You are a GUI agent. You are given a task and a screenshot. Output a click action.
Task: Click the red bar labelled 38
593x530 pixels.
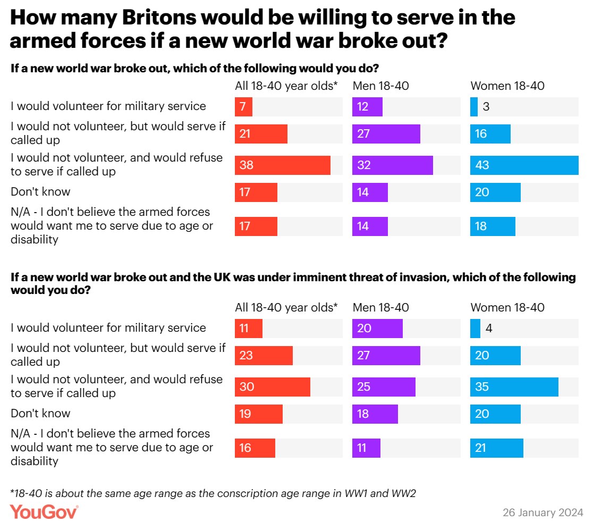(x=283, y=165)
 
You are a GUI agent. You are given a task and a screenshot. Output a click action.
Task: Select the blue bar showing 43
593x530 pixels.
(x=524, y=165)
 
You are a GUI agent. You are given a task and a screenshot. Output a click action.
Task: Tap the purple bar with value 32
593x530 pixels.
(x=392, y=165)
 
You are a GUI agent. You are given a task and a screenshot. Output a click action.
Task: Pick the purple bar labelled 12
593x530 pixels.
(x=367, y=107)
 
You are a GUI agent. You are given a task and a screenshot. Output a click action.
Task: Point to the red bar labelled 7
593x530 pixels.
(x=243, y=107)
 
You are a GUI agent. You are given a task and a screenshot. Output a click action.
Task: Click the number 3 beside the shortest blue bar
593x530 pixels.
(x=486, y=107)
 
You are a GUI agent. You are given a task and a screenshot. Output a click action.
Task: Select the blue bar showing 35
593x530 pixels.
(x=514, y=387)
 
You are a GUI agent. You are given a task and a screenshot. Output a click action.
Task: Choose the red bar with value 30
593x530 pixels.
(x=273, y=387)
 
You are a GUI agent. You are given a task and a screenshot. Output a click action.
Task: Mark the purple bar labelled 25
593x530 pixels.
(x=384, y=387)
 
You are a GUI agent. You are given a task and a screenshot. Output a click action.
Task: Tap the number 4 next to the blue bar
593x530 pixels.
(x=488, y=329)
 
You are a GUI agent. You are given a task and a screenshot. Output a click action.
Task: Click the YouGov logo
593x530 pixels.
(x=44, y=512)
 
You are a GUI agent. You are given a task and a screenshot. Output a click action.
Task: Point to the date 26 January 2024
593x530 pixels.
(x=543, y=513)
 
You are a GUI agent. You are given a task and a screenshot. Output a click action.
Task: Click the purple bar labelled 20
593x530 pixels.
(x=377, y=329)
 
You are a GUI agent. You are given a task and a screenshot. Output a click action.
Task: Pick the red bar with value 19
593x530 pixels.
(x=259, y=414)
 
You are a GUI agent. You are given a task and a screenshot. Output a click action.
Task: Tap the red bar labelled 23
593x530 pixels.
(x=264, y=355)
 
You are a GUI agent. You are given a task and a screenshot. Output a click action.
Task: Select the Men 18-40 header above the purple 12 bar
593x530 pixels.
(x=380, y=86)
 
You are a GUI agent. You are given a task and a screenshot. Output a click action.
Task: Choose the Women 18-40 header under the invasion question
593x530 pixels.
(x=507, y=307)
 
